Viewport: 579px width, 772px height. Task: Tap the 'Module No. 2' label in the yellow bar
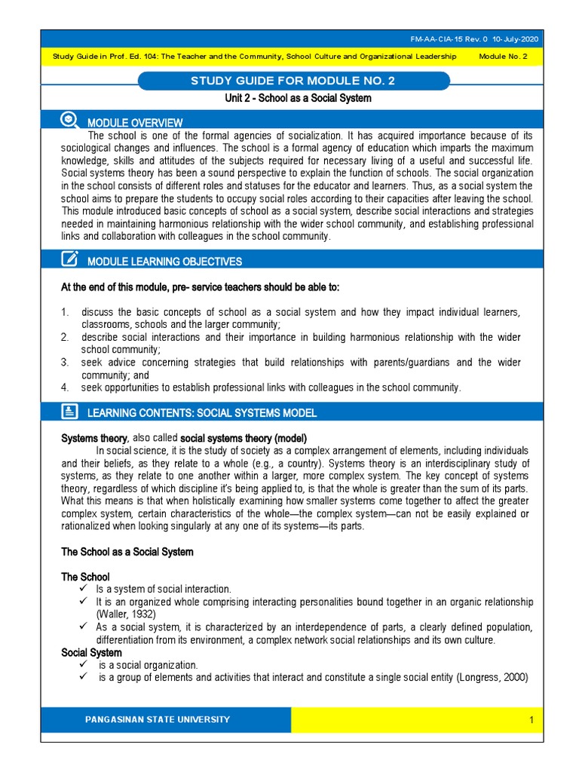point(504,57)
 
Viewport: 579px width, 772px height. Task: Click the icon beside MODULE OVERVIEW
point(69,119)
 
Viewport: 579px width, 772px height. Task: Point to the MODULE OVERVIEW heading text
point(135,123)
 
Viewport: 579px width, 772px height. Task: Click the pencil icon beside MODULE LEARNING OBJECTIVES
point(69,259)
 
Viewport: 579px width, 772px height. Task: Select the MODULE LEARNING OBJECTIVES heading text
point(164,262)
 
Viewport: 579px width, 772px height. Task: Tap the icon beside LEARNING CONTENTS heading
point(69,411)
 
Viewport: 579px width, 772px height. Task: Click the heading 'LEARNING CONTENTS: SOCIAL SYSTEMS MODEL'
point(202,413)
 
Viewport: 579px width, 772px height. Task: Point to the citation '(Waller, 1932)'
point(127,614)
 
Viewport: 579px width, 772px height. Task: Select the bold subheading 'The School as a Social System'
point(127,552)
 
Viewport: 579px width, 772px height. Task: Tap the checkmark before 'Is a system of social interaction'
point(84,589)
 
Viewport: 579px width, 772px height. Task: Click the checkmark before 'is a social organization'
point(84,665)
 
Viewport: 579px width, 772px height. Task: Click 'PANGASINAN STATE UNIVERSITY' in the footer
point(158,719)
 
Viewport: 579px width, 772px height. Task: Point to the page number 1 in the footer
point(531,720)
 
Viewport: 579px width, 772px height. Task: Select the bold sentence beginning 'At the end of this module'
point(200,287)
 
